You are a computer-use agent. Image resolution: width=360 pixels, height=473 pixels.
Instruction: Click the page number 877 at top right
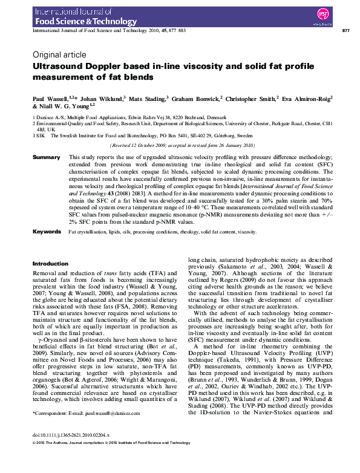click(345, 30)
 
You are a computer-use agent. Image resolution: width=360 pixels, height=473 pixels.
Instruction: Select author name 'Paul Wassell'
click(50, 97)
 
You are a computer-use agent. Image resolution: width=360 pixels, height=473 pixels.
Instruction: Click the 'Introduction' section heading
click(50, 264)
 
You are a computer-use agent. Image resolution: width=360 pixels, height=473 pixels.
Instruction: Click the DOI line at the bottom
click(67, 452)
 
